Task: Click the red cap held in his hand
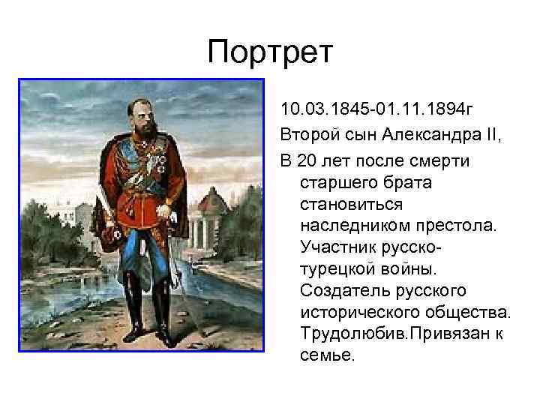[x=112, y=239]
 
